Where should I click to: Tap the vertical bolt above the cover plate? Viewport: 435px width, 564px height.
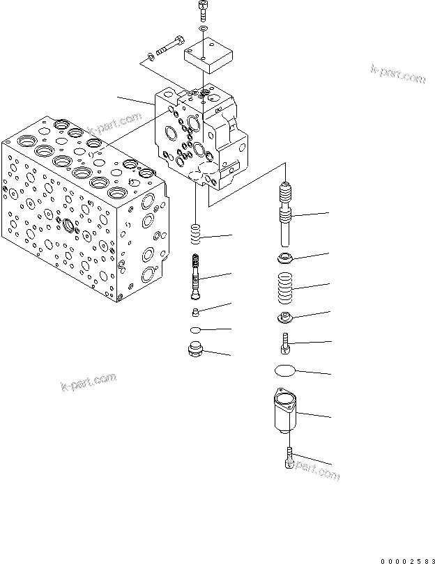202,10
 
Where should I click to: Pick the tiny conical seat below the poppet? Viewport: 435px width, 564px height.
196,311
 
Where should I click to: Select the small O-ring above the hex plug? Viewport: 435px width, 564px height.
197,329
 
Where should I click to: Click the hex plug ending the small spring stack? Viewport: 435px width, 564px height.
196,350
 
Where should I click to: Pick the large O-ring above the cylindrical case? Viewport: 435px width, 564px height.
285,371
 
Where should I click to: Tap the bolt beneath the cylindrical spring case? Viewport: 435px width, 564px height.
289,460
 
